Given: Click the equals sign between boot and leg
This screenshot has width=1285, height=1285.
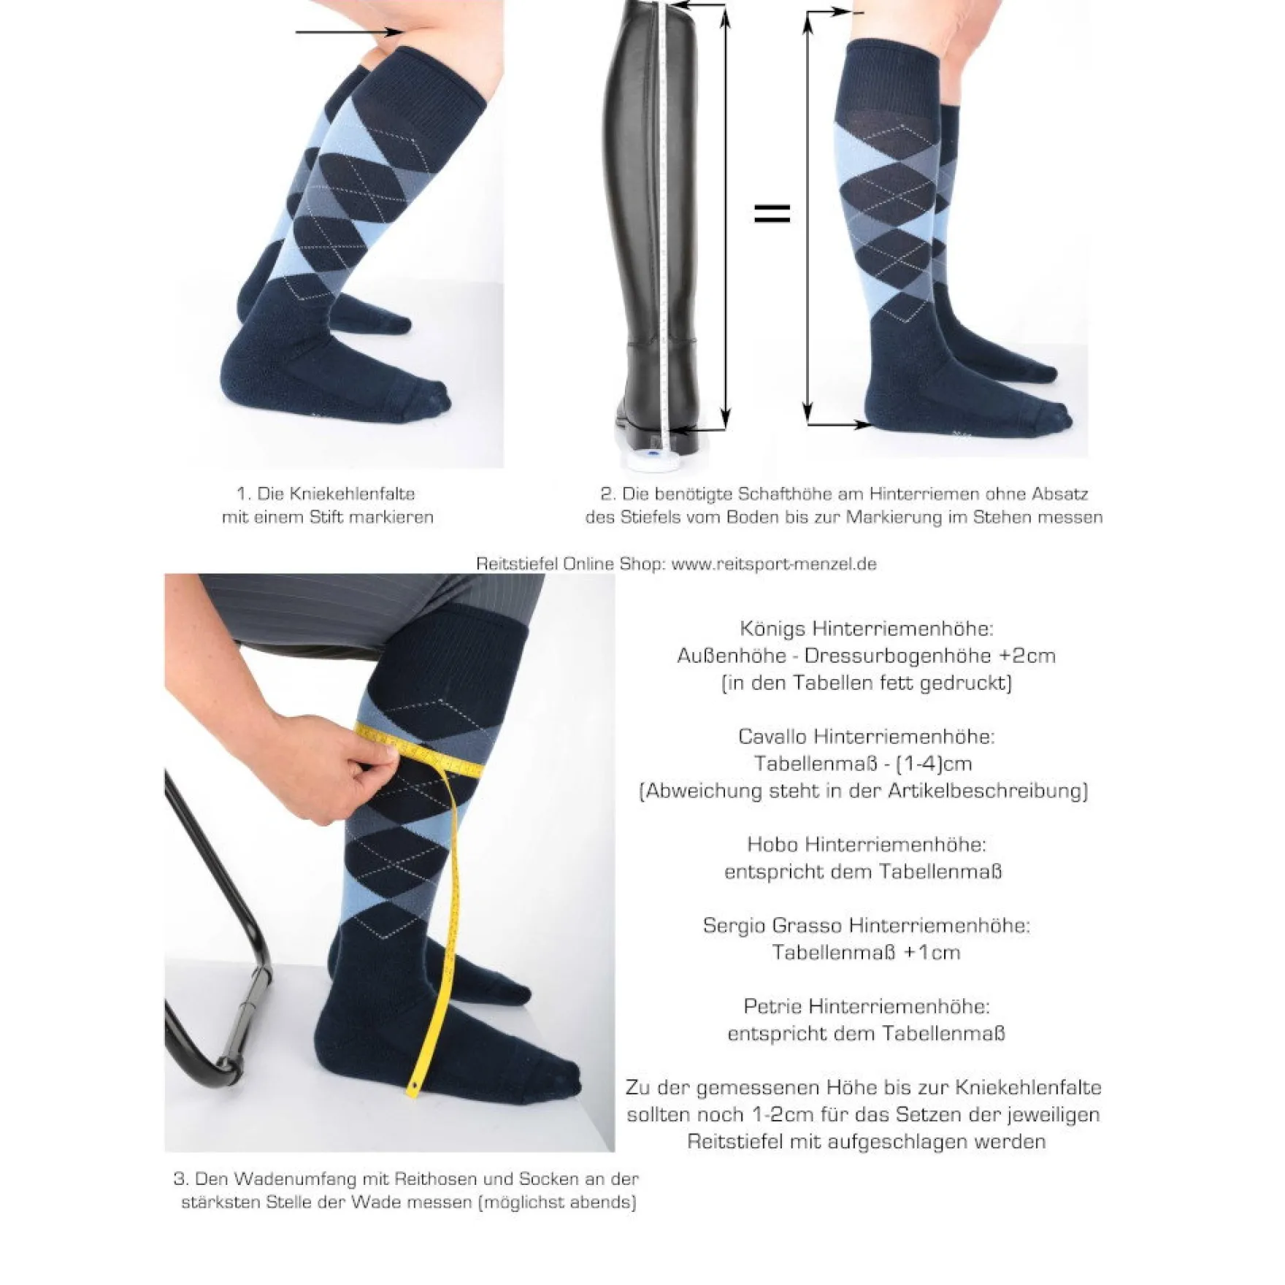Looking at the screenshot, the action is coord(772,213).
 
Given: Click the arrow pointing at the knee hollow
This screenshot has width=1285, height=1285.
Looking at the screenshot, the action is coord(349,32).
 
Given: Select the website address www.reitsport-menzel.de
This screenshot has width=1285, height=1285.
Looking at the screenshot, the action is coord(774,564).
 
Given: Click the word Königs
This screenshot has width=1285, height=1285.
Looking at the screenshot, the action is coord(772,628).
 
